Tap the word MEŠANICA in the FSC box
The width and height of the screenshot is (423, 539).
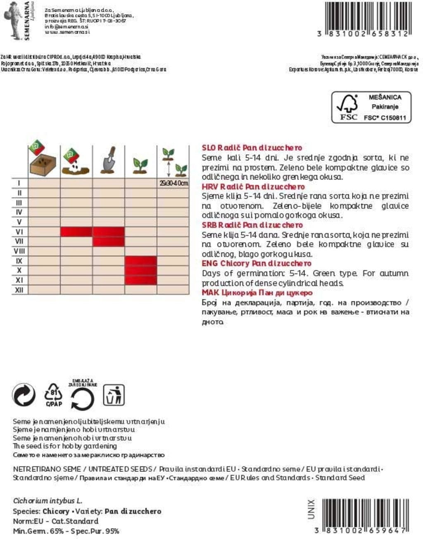[x=385, y=97]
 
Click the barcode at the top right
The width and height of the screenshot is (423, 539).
[x=367, y=16]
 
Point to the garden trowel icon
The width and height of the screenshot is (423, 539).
[x=109, y=160]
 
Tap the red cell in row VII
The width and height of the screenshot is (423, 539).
[x=108, y=241]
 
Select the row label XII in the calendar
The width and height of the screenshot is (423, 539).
[x=19, y=290]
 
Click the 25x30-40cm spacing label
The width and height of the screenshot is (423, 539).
[x=173, y=183]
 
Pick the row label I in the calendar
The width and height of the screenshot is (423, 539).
[x=19, y=183]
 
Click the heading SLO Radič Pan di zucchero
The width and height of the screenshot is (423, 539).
[x=252, y=148]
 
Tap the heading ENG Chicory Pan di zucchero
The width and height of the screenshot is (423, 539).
[x=257, y=264]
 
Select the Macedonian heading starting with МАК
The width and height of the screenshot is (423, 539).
[x=257, y=293]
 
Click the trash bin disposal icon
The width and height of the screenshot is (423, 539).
[x=114, y=395]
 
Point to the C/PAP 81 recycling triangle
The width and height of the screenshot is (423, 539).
[x=54, y=395]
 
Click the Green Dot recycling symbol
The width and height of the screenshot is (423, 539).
[x=24, y=395]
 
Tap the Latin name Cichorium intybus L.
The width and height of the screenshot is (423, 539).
[x=48, y=501]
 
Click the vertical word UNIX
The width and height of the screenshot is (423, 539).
[x=311, y=509]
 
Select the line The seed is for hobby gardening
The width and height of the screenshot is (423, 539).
[x=65, y=446]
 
